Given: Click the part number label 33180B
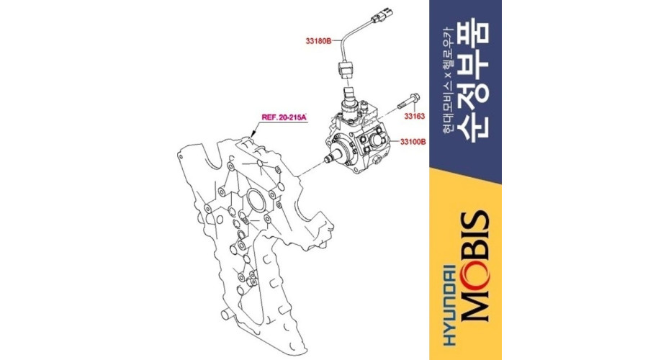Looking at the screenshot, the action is tap(318, 41).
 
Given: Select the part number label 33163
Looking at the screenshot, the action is tap(414, 116).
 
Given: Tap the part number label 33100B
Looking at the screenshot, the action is tap(413, 142).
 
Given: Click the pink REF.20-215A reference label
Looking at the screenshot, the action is tap(284, 117).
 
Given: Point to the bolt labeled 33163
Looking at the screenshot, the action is tap(409, 102).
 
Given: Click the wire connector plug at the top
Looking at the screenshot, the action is tap(381, 16).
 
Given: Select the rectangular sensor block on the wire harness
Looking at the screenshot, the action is tap(346, 69).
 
